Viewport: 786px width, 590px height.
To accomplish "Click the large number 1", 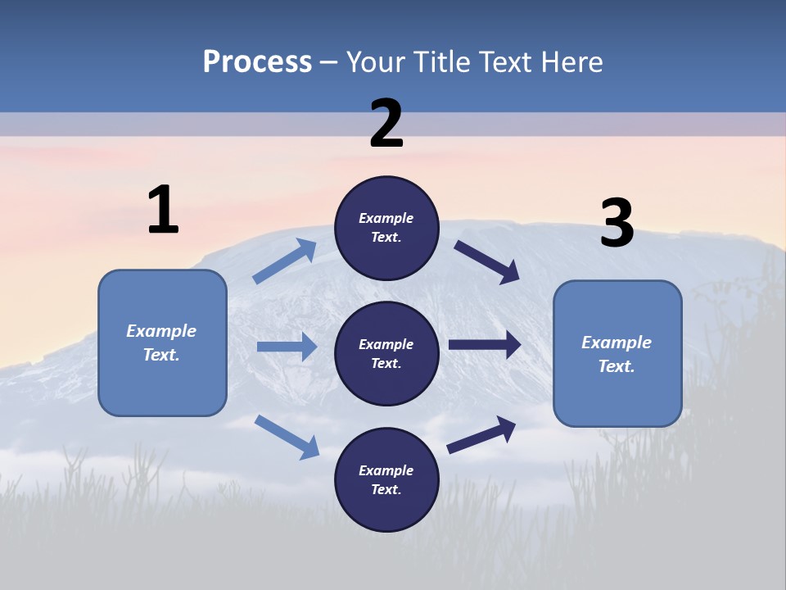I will click(163, 210).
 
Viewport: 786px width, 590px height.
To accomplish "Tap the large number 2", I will click(386, 125).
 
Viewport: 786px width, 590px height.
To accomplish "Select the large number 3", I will click(617, 225).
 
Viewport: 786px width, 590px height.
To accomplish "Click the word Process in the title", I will click(257, 61).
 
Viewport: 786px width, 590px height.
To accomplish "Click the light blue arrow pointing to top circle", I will click(285, 261).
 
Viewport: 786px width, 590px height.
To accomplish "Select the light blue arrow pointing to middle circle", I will click(287, 347).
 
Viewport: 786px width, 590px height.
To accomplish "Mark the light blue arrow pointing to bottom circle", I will click(287, 436).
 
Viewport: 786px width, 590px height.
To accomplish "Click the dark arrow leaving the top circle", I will click(487, 261).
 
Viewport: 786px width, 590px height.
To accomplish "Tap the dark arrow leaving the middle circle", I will click(485, 345).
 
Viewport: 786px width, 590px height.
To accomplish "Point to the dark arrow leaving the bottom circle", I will click(481, 434).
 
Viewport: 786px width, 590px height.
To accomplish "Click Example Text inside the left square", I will click(161, 343).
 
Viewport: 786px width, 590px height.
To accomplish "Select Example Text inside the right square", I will click(617, 354).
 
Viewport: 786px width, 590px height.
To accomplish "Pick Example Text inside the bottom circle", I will click(386, 479).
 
